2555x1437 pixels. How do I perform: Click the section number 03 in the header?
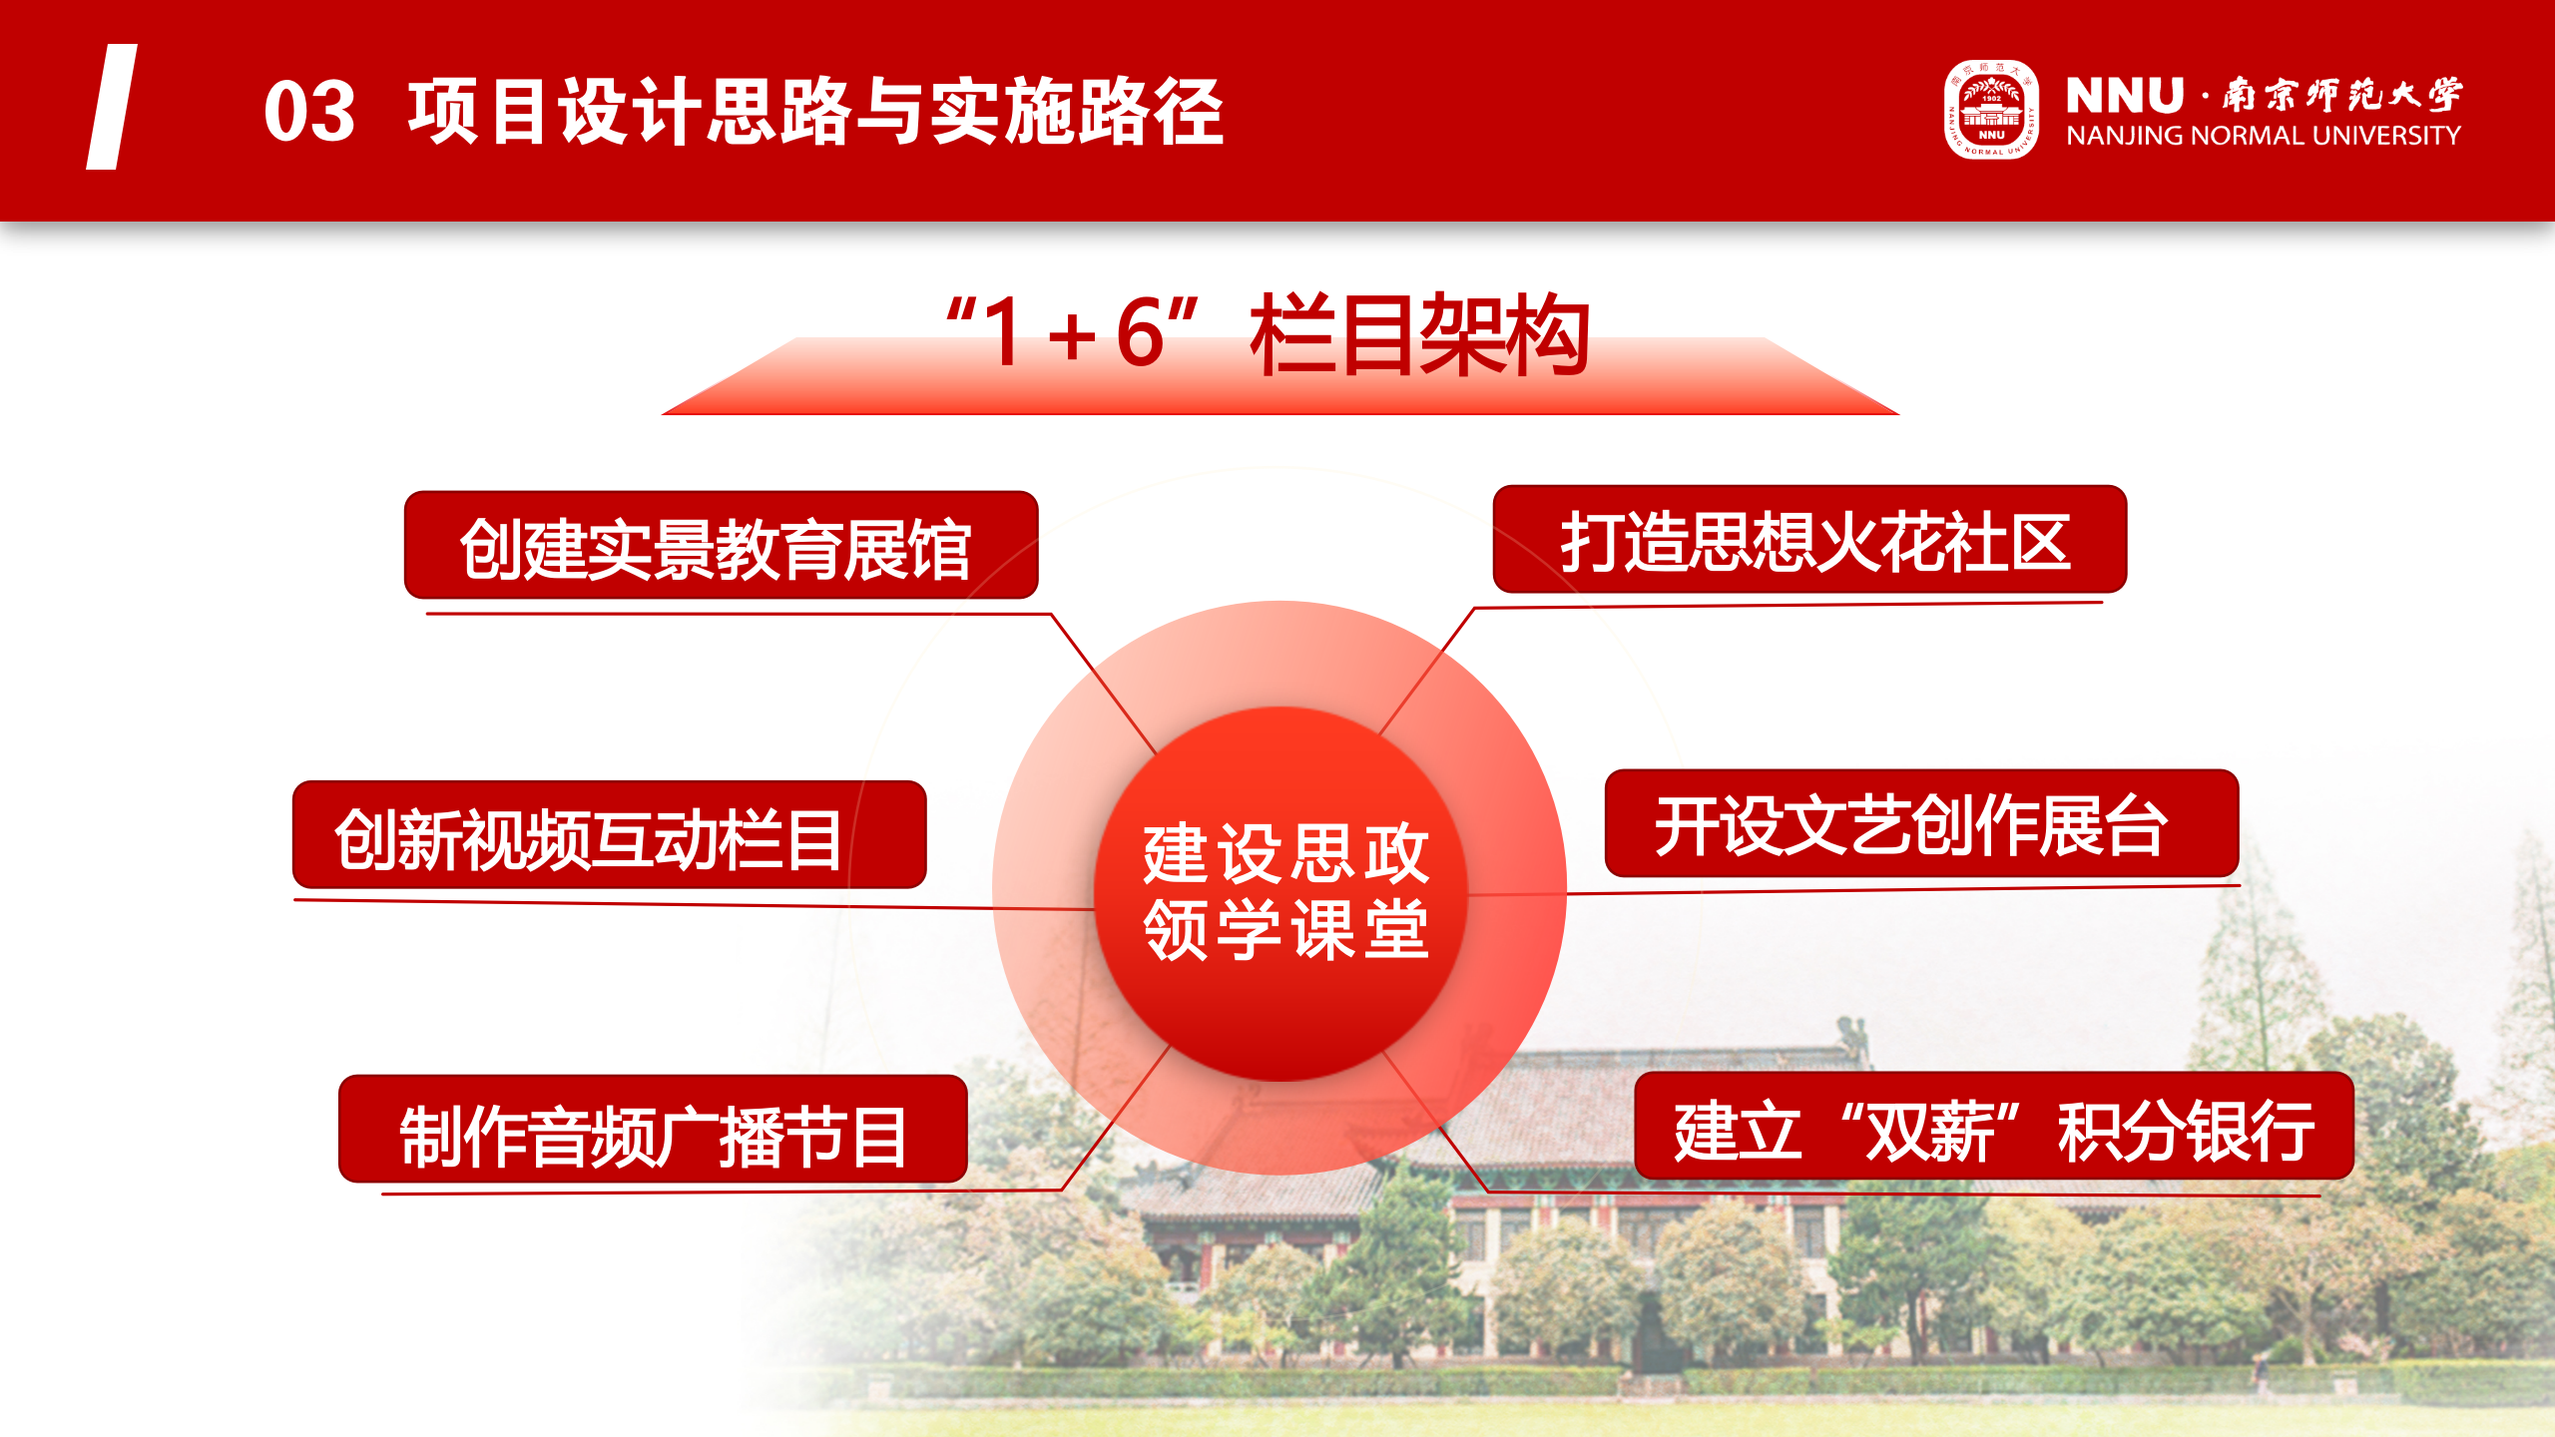click(x=309, y=111)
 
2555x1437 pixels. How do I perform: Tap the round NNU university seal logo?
click(x=1991, y=110)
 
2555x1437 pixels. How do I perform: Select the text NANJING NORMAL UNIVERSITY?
click(x=2264, y=136)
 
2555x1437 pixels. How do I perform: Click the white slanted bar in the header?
click(x=112, y=107)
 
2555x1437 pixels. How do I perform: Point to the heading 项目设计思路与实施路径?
click(x=815, y=112)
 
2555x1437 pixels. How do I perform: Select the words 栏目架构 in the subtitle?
click(x=1419, y=334)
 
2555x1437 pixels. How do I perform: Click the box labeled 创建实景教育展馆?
click(x=721, y=545)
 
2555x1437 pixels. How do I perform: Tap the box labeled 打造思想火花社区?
click(x=1809, y=540)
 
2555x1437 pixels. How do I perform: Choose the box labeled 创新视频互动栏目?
click(x=609, y=835)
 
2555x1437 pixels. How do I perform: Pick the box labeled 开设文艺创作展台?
click(x=1921, y=824)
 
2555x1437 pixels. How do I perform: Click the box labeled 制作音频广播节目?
click(x=653, y=1130)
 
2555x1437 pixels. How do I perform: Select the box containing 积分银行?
click(x=1994, y=1126)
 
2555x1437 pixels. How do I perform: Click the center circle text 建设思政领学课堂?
click(x=1285, y=891)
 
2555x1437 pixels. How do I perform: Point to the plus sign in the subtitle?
click(x=1073, y=335)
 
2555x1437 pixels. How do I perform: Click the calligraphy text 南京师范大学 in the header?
click(x=2341, y=95)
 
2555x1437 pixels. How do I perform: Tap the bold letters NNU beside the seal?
click(x=2125, y=96)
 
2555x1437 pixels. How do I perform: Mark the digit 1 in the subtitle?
click(x=1004, y=332)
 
